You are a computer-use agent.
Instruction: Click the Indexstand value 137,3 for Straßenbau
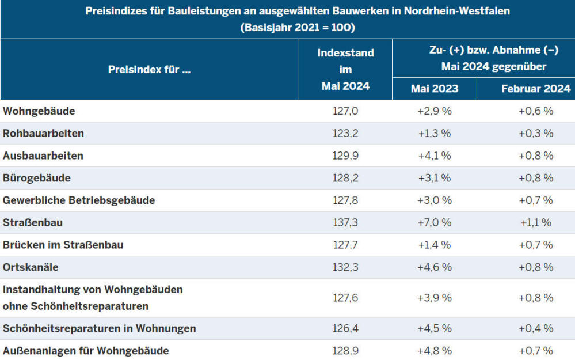(345, 222)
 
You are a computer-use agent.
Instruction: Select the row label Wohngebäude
(39, 111)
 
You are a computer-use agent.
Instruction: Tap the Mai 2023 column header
(435, 89)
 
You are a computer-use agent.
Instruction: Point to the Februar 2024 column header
(535, 89)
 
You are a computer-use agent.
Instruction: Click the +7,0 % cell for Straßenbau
(435, 222)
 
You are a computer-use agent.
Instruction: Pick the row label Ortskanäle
(31, 267)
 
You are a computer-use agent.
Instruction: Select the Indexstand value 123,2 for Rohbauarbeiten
(345, 133)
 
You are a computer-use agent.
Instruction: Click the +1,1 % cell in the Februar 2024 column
(535, 222)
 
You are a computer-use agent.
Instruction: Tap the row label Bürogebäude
(37, 178)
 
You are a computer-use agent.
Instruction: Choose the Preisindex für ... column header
(149, 70)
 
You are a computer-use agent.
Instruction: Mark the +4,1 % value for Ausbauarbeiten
(435, 156)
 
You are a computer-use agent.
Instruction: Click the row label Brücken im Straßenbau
(63, 245)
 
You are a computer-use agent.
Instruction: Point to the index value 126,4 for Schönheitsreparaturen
(345, 328)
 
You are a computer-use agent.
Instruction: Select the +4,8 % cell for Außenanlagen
(435, 350)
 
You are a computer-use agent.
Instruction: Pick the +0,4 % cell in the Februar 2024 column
(535, 328)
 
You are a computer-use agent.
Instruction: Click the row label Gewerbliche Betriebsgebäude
(79, 200)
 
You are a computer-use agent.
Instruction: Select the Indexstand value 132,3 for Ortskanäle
(345, 267)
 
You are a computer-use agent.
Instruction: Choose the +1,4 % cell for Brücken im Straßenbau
(435, 245)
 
